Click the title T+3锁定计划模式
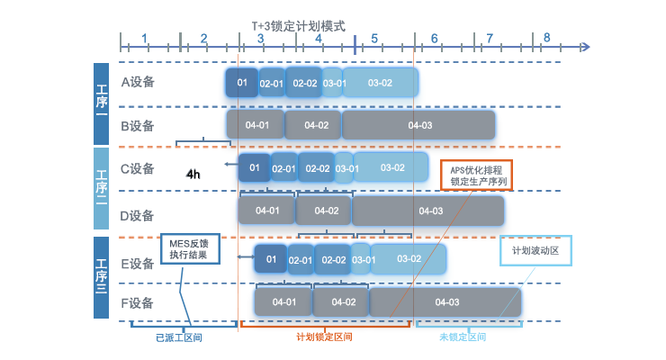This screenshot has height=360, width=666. pos(298,27)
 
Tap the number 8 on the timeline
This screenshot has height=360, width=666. pos(546,39)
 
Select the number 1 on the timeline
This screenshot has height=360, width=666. pos(145,39)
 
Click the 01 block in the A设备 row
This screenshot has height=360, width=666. pos(242,83)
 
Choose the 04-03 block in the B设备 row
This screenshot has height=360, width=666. pos(419,125)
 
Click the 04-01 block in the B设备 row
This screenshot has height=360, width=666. pos(256,125)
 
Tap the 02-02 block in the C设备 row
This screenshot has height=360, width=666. pos(317,168)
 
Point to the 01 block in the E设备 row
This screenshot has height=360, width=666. pos(270,259)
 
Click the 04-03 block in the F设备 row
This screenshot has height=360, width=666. pos(447,301)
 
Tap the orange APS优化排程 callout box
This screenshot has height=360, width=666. pos(476,175)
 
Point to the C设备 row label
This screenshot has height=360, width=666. pos(138,168)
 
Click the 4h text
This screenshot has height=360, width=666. pos(193,174)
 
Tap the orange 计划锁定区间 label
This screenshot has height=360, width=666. pos(324,337)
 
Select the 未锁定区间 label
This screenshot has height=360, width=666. pos(463,337)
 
